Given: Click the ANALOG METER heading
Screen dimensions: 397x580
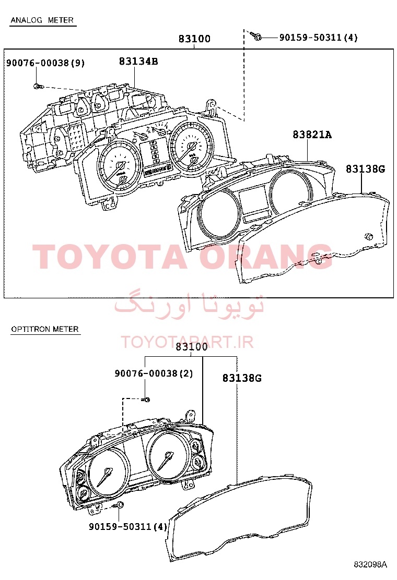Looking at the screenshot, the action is tap(42, 20).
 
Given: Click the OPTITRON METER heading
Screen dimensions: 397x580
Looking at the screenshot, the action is tap(45, 329).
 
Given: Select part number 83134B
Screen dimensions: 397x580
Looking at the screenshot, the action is tap(138, 62).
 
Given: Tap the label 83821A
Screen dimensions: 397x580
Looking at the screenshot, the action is tap(312, 135).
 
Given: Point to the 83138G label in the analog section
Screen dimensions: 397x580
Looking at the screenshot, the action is tap(366, 169).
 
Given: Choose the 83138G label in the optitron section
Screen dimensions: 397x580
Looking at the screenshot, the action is tap(242, 378).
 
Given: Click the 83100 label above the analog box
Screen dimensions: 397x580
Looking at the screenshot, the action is tap(194, 39).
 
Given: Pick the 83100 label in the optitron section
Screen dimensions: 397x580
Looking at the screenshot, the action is tap(192, 347).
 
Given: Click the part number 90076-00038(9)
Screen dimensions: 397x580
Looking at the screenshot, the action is tap(45, 63).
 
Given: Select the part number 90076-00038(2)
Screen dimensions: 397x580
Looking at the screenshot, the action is tap(154, 373).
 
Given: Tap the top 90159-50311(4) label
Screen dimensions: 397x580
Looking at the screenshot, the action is tap(319, 38).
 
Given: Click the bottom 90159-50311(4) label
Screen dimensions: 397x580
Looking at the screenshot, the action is tap(128, 526).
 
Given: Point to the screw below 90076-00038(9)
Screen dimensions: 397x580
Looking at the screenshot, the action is tap(38, 86).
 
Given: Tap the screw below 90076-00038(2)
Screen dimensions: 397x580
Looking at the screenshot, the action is tap(146, 400).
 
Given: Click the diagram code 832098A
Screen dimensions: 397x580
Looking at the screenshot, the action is tap(370, 564).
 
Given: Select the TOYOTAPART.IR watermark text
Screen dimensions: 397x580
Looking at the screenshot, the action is tap(187, 342).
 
